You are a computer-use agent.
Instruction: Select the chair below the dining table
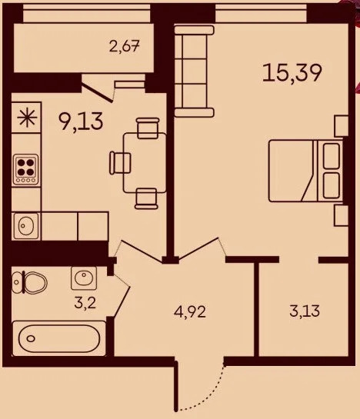click(145, 198)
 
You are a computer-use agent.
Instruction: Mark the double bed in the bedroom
click(303, 171)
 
